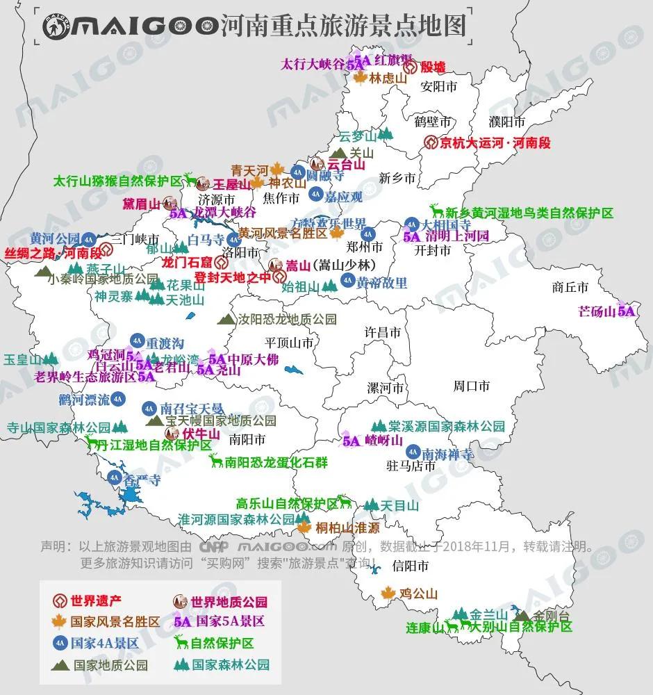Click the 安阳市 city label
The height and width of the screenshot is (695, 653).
(x=439, y=87)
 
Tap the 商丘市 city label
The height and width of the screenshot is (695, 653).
(x=570, y=286)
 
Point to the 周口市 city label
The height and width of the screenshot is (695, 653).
(x=472, y=385)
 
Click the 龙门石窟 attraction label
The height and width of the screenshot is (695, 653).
(x=186, y=263)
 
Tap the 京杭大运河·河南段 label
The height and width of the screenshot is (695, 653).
(x=495, y=143)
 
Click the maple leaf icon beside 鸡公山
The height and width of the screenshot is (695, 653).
(x=388, y=594)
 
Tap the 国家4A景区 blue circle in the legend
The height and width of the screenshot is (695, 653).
(x=60, y=643)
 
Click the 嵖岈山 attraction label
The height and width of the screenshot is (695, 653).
(x=385, y=441)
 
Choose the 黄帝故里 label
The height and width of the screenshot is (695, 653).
(x=382, y=283)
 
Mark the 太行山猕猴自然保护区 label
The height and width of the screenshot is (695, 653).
(x=117, y=181)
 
